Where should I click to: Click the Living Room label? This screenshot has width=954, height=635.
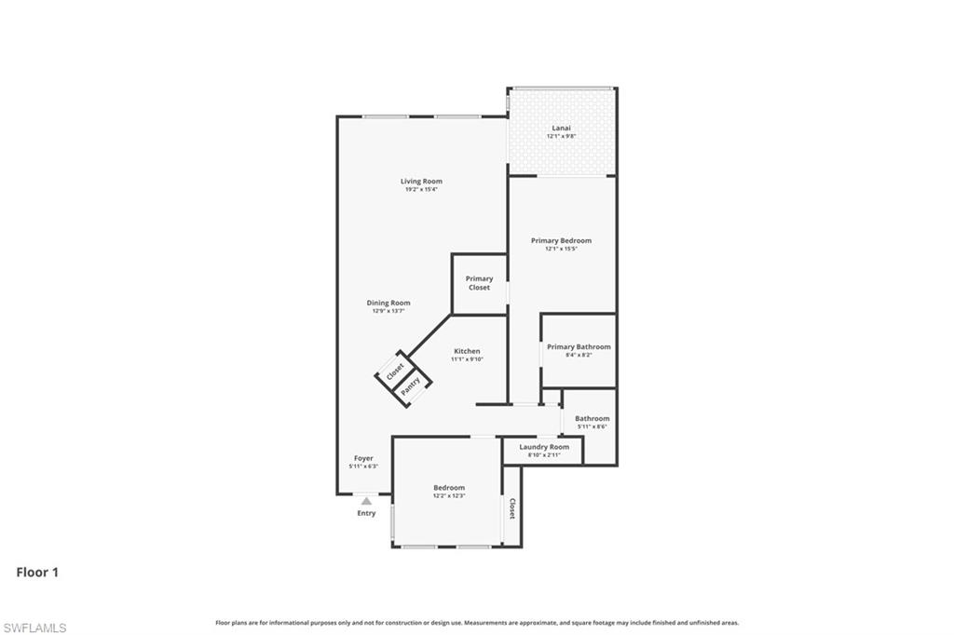click(421, 182)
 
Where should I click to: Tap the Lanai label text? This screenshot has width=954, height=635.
click(561, 128)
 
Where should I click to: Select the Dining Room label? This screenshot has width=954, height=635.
click(388, 303)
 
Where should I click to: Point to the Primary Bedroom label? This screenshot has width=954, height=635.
click(561, 241)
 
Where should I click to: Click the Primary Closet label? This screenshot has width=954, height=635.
click(479, 283)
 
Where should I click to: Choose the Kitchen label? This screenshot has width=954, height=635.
click(467, 351)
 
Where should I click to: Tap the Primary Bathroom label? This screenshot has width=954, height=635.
click(579, 347)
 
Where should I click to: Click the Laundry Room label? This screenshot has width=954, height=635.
click(543, 447)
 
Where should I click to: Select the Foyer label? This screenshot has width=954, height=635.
click(362, 458)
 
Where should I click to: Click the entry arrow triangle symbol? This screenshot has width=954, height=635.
click(366, 501)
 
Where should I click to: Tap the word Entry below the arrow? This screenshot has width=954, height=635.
click(366, 513)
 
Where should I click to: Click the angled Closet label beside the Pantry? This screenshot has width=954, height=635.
click(395, 371)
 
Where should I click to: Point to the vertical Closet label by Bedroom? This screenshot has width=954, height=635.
click(511, 508)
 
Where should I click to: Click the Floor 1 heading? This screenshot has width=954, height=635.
click(37, 573)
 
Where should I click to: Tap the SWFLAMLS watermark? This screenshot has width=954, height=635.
click(34, 628)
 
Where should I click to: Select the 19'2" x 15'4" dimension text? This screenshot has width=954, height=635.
click(421, 190)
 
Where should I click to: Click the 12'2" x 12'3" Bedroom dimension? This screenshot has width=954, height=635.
click(448, 496)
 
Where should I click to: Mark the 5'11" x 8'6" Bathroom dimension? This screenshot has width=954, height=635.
click(592, 426)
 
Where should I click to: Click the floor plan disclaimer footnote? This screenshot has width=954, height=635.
click(476, 623)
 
